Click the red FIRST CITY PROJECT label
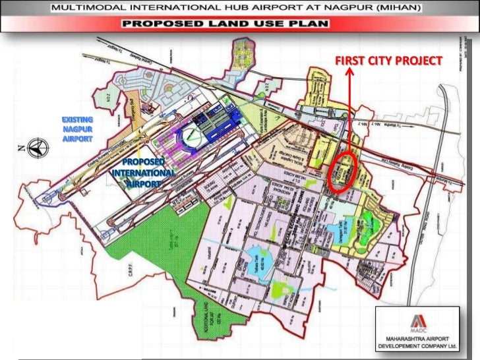(388, 61)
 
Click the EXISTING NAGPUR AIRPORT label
(78, 129)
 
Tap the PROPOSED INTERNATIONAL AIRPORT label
(144, 173)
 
